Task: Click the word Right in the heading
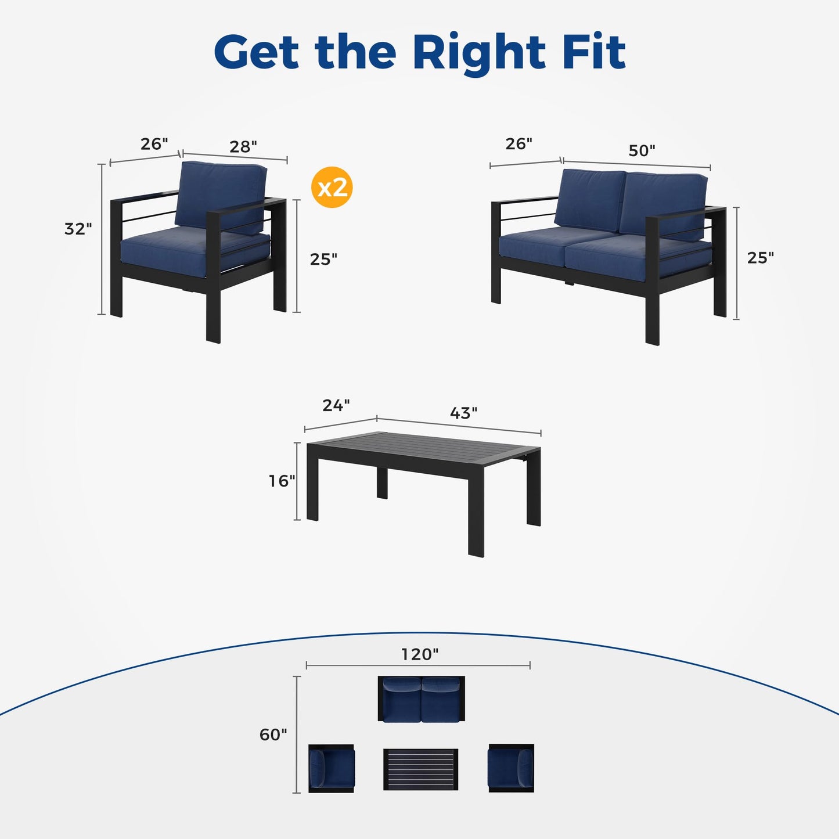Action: click(480, 55)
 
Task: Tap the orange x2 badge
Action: click(332, 187)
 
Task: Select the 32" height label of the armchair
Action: click(78, 229)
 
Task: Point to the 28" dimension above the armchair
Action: click(243, 146)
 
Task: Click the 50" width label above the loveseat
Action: click(642, 150)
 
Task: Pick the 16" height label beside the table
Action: click(282, 481)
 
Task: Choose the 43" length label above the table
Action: click(464, 413)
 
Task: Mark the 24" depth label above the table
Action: click(336, 405)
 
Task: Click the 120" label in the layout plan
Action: click(419, 654)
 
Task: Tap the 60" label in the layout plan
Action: click(273, 734)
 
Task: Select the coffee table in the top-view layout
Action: click(420, 769)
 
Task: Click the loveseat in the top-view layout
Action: click(421, 699)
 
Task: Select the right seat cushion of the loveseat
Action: click(639, 257)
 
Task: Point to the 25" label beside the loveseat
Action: click(761, 258)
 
